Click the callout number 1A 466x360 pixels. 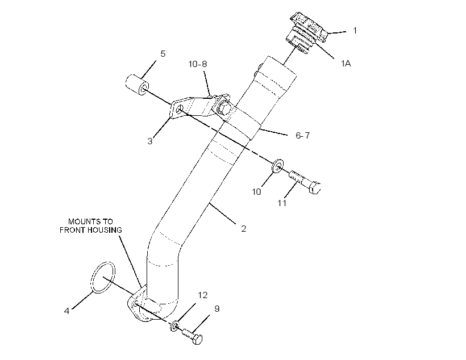click(x=346, y=63)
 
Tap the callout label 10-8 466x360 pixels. click(x=198, y=64)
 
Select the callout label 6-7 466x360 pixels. click(x=302, y=136)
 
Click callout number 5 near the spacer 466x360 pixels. click(x=163, y=54)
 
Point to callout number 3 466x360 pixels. click(x=150, y=141)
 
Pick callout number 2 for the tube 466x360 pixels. click(x=244, y=229)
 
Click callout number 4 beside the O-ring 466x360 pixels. click(x=66, y=311)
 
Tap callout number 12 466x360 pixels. click(x=203, y=295)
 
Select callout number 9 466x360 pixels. click(x=217, y=309)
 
